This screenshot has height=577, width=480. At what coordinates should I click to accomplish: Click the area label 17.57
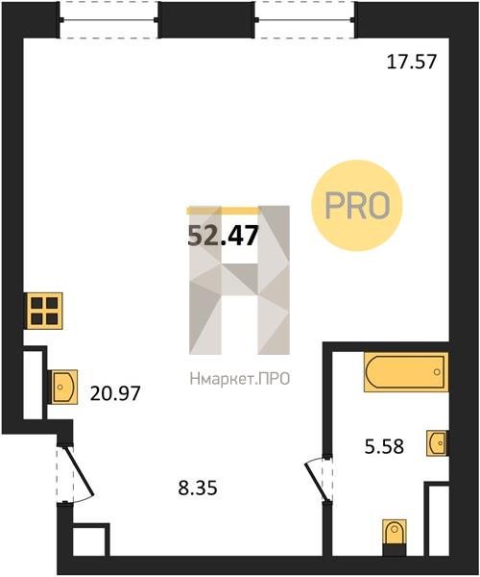[412, 62]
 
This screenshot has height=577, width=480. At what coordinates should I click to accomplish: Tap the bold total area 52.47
[223, 236]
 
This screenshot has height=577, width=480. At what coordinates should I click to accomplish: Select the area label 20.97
[115, 393]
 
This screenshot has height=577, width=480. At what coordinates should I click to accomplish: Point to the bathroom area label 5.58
[384, 446]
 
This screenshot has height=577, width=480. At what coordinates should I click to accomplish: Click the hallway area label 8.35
[198, 488]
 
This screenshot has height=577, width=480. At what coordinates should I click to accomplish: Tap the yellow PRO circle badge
[357, 206]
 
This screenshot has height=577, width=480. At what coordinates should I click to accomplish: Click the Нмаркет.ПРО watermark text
[240, 379]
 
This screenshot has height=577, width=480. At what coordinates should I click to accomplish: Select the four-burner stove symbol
[44, 311]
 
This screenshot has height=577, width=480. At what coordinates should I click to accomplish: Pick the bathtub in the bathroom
[406, 371]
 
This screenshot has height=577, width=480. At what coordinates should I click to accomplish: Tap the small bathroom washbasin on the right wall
[437, 443]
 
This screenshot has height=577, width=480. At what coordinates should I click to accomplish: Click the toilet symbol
[394, 533]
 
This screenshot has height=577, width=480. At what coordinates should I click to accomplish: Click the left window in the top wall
[108, 20]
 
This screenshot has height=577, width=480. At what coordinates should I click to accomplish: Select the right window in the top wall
[305, 20]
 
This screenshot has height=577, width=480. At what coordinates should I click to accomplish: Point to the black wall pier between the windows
[206, 20]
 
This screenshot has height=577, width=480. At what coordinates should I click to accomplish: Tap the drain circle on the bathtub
[437, 371]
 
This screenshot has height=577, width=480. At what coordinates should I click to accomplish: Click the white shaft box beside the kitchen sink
[33, 385]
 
